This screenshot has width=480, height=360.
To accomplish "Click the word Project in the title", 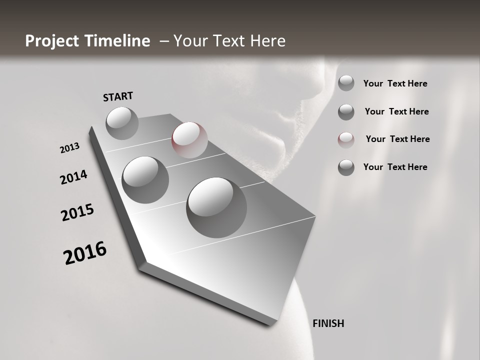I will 49,41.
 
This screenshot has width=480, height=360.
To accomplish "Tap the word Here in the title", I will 267,41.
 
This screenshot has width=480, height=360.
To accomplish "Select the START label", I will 118,96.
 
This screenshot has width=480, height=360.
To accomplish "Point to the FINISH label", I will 328,323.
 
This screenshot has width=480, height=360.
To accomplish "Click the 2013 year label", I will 69,148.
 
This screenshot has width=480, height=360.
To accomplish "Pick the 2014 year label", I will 73,177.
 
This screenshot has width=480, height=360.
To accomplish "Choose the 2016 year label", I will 85,253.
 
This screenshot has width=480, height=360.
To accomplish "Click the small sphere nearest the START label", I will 122,123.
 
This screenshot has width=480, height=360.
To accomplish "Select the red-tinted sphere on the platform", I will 189,139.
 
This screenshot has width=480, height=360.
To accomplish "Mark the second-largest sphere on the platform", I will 145,179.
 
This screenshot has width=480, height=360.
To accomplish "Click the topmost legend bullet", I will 346,83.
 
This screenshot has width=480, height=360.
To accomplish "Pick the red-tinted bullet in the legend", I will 346,139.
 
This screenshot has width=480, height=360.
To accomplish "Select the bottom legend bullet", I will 346,167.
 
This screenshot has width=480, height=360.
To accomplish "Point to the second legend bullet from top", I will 346,112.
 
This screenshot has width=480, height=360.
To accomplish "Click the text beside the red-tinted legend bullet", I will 397,139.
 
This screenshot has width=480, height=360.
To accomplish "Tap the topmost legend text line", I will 395,83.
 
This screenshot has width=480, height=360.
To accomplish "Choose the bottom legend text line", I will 395,167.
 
